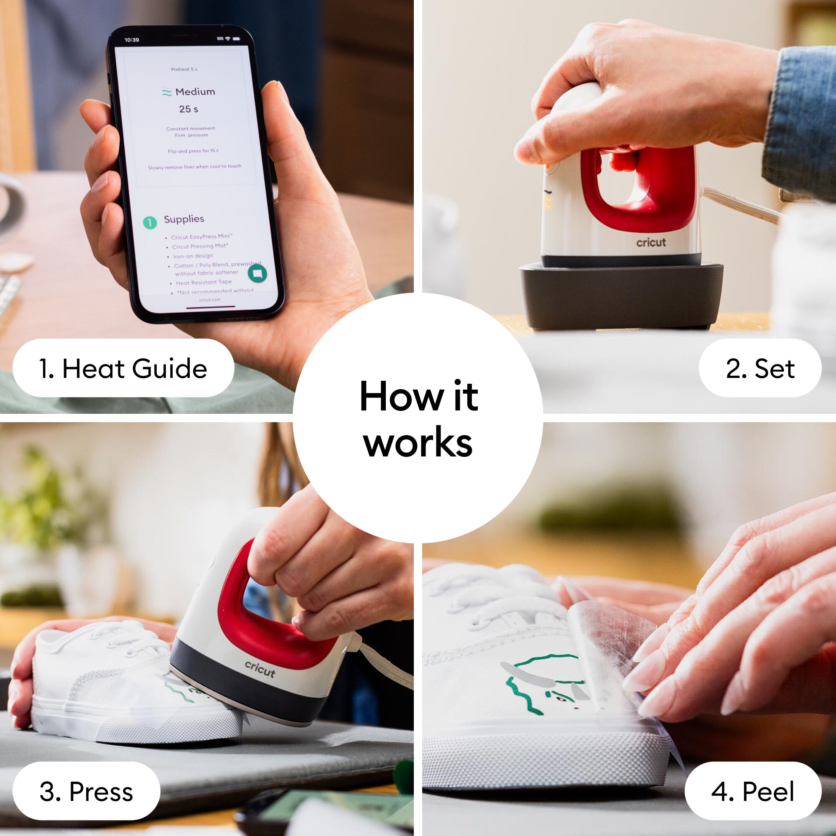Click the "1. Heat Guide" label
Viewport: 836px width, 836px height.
pyautogui.click(x=123, y=368)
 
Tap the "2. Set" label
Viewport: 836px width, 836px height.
pyautogui.click(x=760, y=368)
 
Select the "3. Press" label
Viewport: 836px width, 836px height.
pyautogui.click(x=86, y=791)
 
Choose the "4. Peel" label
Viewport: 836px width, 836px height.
pyautogui.click(x=752, y=791)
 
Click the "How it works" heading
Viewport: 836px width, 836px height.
pyautogui.click(x=418, y=418)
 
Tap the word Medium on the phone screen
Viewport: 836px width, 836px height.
pyautogui.click(x=195, y=92)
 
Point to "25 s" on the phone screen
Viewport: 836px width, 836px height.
pyautogui.click(x=189, y=109)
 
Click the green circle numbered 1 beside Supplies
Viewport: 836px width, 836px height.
pyautogui.click(x=150, y=222)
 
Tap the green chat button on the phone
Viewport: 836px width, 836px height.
pyautogui.click(x=257, y=273)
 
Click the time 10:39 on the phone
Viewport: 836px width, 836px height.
pyautogui.click(x=132, y=40)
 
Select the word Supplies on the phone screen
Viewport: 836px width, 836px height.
pyautogui.click(x=184, y=219)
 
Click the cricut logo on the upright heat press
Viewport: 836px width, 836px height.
pyautogui.click(x=651, y=243)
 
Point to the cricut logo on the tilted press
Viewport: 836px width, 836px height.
pyautogui.click(x=260, y=669)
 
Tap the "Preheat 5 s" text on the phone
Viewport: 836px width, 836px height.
pyautogui.click(x=184, y=69)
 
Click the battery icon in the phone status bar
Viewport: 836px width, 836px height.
pyautogui.click(x=236, y=39)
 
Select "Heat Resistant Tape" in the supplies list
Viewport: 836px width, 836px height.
pyautogui.click(x=204, y=283)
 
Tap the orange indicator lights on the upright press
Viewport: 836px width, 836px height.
pyautogui.click(x=548, y=201)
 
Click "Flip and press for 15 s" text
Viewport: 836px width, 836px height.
pyautogui.click(x=193, y=151)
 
